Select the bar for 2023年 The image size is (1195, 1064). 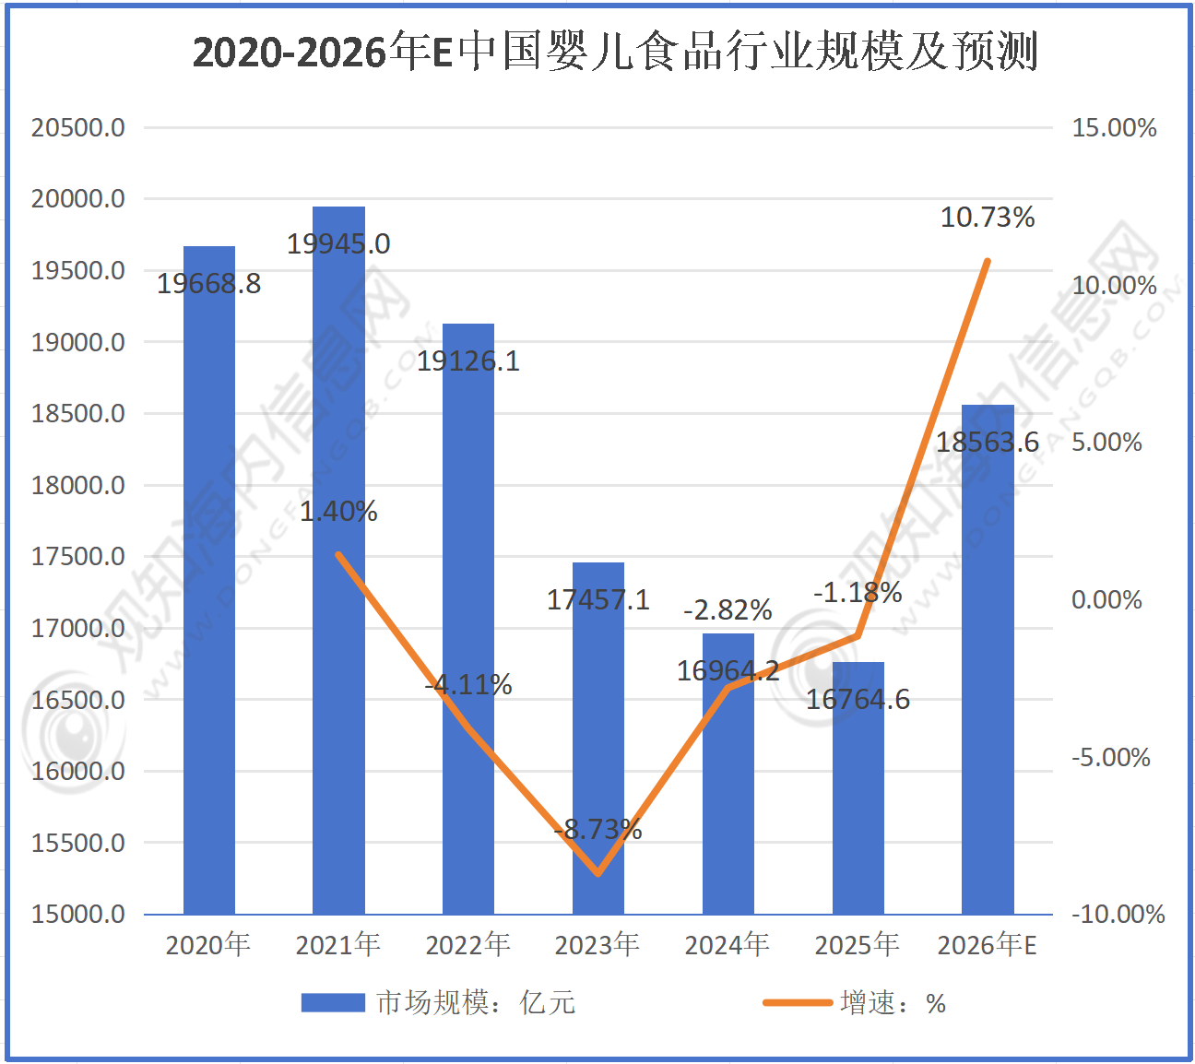tap(598, 738)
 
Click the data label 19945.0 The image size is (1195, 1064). tap(338, 244)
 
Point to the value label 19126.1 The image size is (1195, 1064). tap(468, 361)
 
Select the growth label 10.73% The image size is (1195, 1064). tap(988, 218)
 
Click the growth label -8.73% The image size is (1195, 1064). tap(598, 830)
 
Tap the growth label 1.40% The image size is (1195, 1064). tap(338, 512)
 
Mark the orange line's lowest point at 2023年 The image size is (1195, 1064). tap(598, 873)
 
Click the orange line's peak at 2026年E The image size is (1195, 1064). tap(988, 261)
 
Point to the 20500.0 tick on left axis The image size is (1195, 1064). tap(78, 127)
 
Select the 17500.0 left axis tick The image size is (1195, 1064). tap(78, 556)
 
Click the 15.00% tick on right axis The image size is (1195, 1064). tap(1114, 127)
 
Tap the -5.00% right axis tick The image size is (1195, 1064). tap(1111, 757)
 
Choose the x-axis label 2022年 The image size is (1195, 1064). tap(468, 944)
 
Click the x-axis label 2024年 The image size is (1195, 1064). tap(728, 944)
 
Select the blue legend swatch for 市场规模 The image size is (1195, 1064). tap(333, 1002)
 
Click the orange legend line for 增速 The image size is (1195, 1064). tap(798, 1002)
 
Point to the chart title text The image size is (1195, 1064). tap(615, 52)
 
